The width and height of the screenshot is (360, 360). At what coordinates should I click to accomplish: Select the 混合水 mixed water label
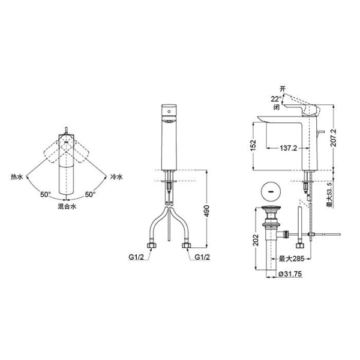tap(67, 206)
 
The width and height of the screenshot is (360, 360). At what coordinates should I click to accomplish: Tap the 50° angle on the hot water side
tap(46, 194)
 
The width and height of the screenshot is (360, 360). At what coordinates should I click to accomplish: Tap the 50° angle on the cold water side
tap(89, 194)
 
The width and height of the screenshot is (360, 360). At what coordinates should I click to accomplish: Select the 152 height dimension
tap(253, 145)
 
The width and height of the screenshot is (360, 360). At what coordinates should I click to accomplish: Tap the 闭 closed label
tap(275, 108)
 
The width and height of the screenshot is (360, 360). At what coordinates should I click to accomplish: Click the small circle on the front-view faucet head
tap(170, 111)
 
